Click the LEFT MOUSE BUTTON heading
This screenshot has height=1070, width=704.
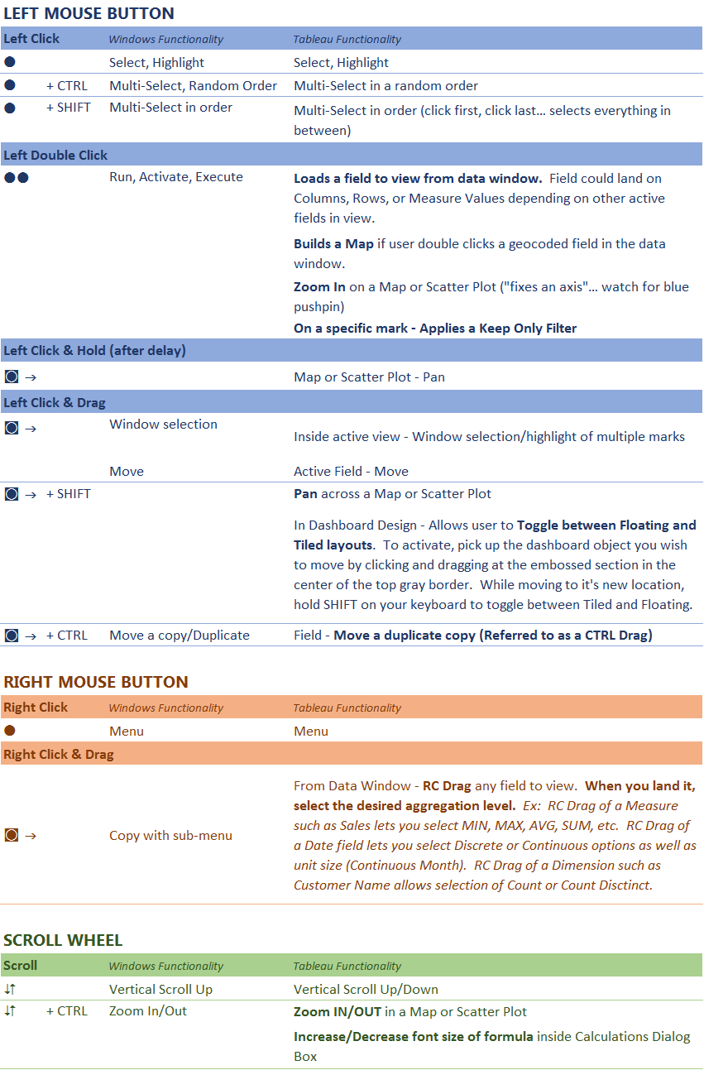[x=89, y=13]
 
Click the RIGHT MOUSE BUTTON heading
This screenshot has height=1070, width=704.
[x=95, y=682]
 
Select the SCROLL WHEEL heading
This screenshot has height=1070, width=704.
[x=63, y=940]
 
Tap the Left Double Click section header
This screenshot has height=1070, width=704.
[x=55, y=155]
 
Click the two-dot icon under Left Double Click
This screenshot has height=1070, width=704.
[x=17, y=177]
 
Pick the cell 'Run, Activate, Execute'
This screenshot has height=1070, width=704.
[x=175, y=176]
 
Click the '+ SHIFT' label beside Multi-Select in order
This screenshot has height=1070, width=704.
[x=69, y=107]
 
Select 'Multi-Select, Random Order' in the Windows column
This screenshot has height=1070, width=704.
[x=193, y=85]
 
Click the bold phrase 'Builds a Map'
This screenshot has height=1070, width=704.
[x=333, y=243]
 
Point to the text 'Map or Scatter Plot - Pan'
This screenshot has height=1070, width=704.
[x=369, y=377]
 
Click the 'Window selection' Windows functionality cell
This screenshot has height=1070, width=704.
[x=163, y=424]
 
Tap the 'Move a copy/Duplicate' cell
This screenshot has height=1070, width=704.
[x=179, y=635]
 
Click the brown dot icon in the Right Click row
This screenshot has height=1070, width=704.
[x=10, y=731]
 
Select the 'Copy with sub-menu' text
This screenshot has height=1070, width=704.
[x=170, y=835]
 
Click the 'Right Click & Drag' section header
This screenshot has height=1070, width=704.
[x=59, y=754]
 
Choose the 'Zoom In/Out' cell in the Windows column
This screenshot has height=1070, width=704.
[x=148, y=1010]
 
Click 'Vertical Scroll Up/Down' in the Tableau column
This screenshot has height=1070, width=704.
[x=366, y=989]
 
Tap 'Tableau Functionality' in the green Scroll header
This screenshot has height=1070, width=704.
[x=347, y=966]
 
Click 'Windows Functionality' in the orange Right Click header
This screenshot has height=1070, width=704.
[x=165, y=708]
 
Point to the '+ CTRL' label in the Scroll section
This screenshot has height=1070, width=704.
[x=66, y=1010]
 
